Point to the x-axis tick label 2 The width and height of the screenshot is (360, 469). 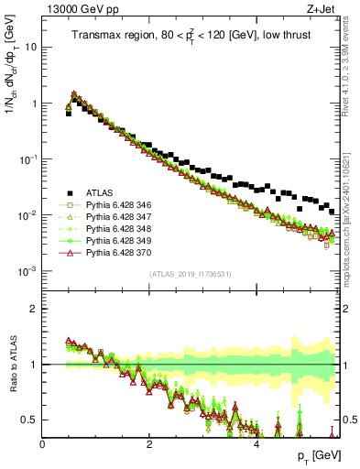pyautogui.click(x=149, y=444)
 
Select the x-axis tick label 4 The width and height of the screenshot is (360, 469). pyautogui.click(x=256, y=444)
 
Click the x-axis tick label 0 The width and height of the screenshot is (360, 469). pyautogui.click(x=42, y=444)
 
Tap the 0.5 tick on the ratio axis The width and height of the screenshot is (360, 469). pyautogui.click(x=29, y=420)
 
